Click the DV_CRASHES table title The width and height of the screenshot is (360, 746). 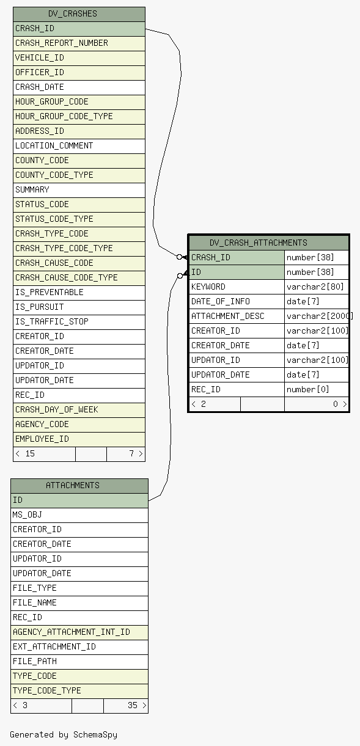[73, 13]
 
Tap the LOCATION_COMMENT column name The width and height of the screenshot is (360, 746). [54, 145]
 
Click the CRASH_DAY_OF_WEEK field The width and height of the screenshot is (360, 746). [57, 409]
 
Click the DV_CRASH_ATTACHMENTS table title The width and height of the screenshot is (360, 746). [259, 243]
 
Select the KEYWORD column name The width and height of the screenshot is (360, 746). [208, 287]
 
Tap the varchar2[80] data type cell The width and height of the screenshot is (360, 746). [315, 287]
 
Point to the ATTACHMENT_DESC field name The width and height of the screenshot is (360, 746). [228, 316]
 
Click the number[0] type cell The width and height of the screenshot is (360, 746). [307, 389]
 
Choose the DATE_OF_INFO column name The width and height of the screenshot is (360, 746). [221, 301]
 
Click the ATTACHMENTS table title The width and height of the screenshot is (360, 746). [73, 485]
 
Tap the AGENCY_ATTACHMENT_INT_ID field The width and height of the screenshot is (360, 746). [72, 632]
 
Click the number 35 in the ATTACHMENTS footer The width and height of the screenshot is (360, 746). [133, 705]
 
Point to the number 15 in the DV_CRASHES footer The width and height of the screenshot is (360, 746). [30, 453]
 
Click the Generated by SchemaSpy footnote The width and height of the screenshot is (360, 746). [64, 734]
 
